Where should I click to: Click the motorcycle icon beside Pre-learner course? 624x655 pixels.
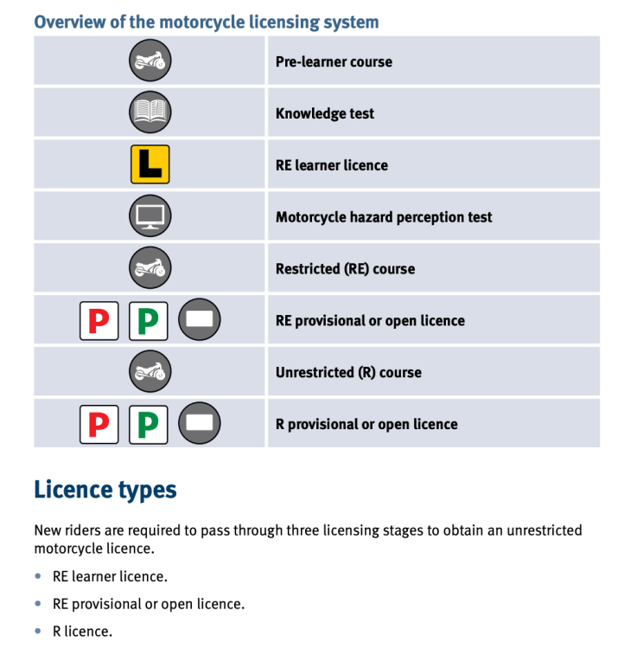coord(150,61)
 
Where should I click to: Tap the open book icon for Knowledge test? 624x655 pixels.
coord(150,113)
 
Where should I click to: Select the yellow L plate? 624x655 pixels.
coord(150,164)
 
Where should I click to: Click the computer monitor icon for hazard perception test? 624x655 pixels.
coord(150,216)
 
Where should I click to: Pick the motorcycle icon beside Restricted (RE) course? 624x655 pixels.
coord(150,268)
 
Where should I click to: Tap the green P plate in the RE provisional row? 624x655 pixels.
coord(149,320)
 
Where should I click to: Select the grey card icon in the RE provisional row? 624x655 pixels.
coord(200,320)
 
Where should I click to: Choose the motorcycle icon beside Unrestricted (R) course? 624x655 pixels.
coord(150,372)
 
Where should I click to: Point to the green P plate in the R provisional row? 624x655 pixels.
coord(149,424)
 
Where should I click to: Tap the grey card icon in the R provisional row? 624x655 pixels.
coord(200,424)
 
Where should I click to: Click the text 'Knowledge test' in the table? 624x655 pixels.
coord(325,113)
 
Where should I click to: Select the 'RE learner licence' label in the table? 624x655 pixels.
coord(331,165)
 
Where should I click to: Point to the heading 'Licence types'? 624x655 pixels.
coord(105,490)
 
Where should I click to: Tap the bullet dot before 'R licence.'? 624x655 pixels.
coord(38,631)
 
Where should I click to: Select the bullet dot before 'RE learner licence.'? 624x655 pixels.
coord(38,575)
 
